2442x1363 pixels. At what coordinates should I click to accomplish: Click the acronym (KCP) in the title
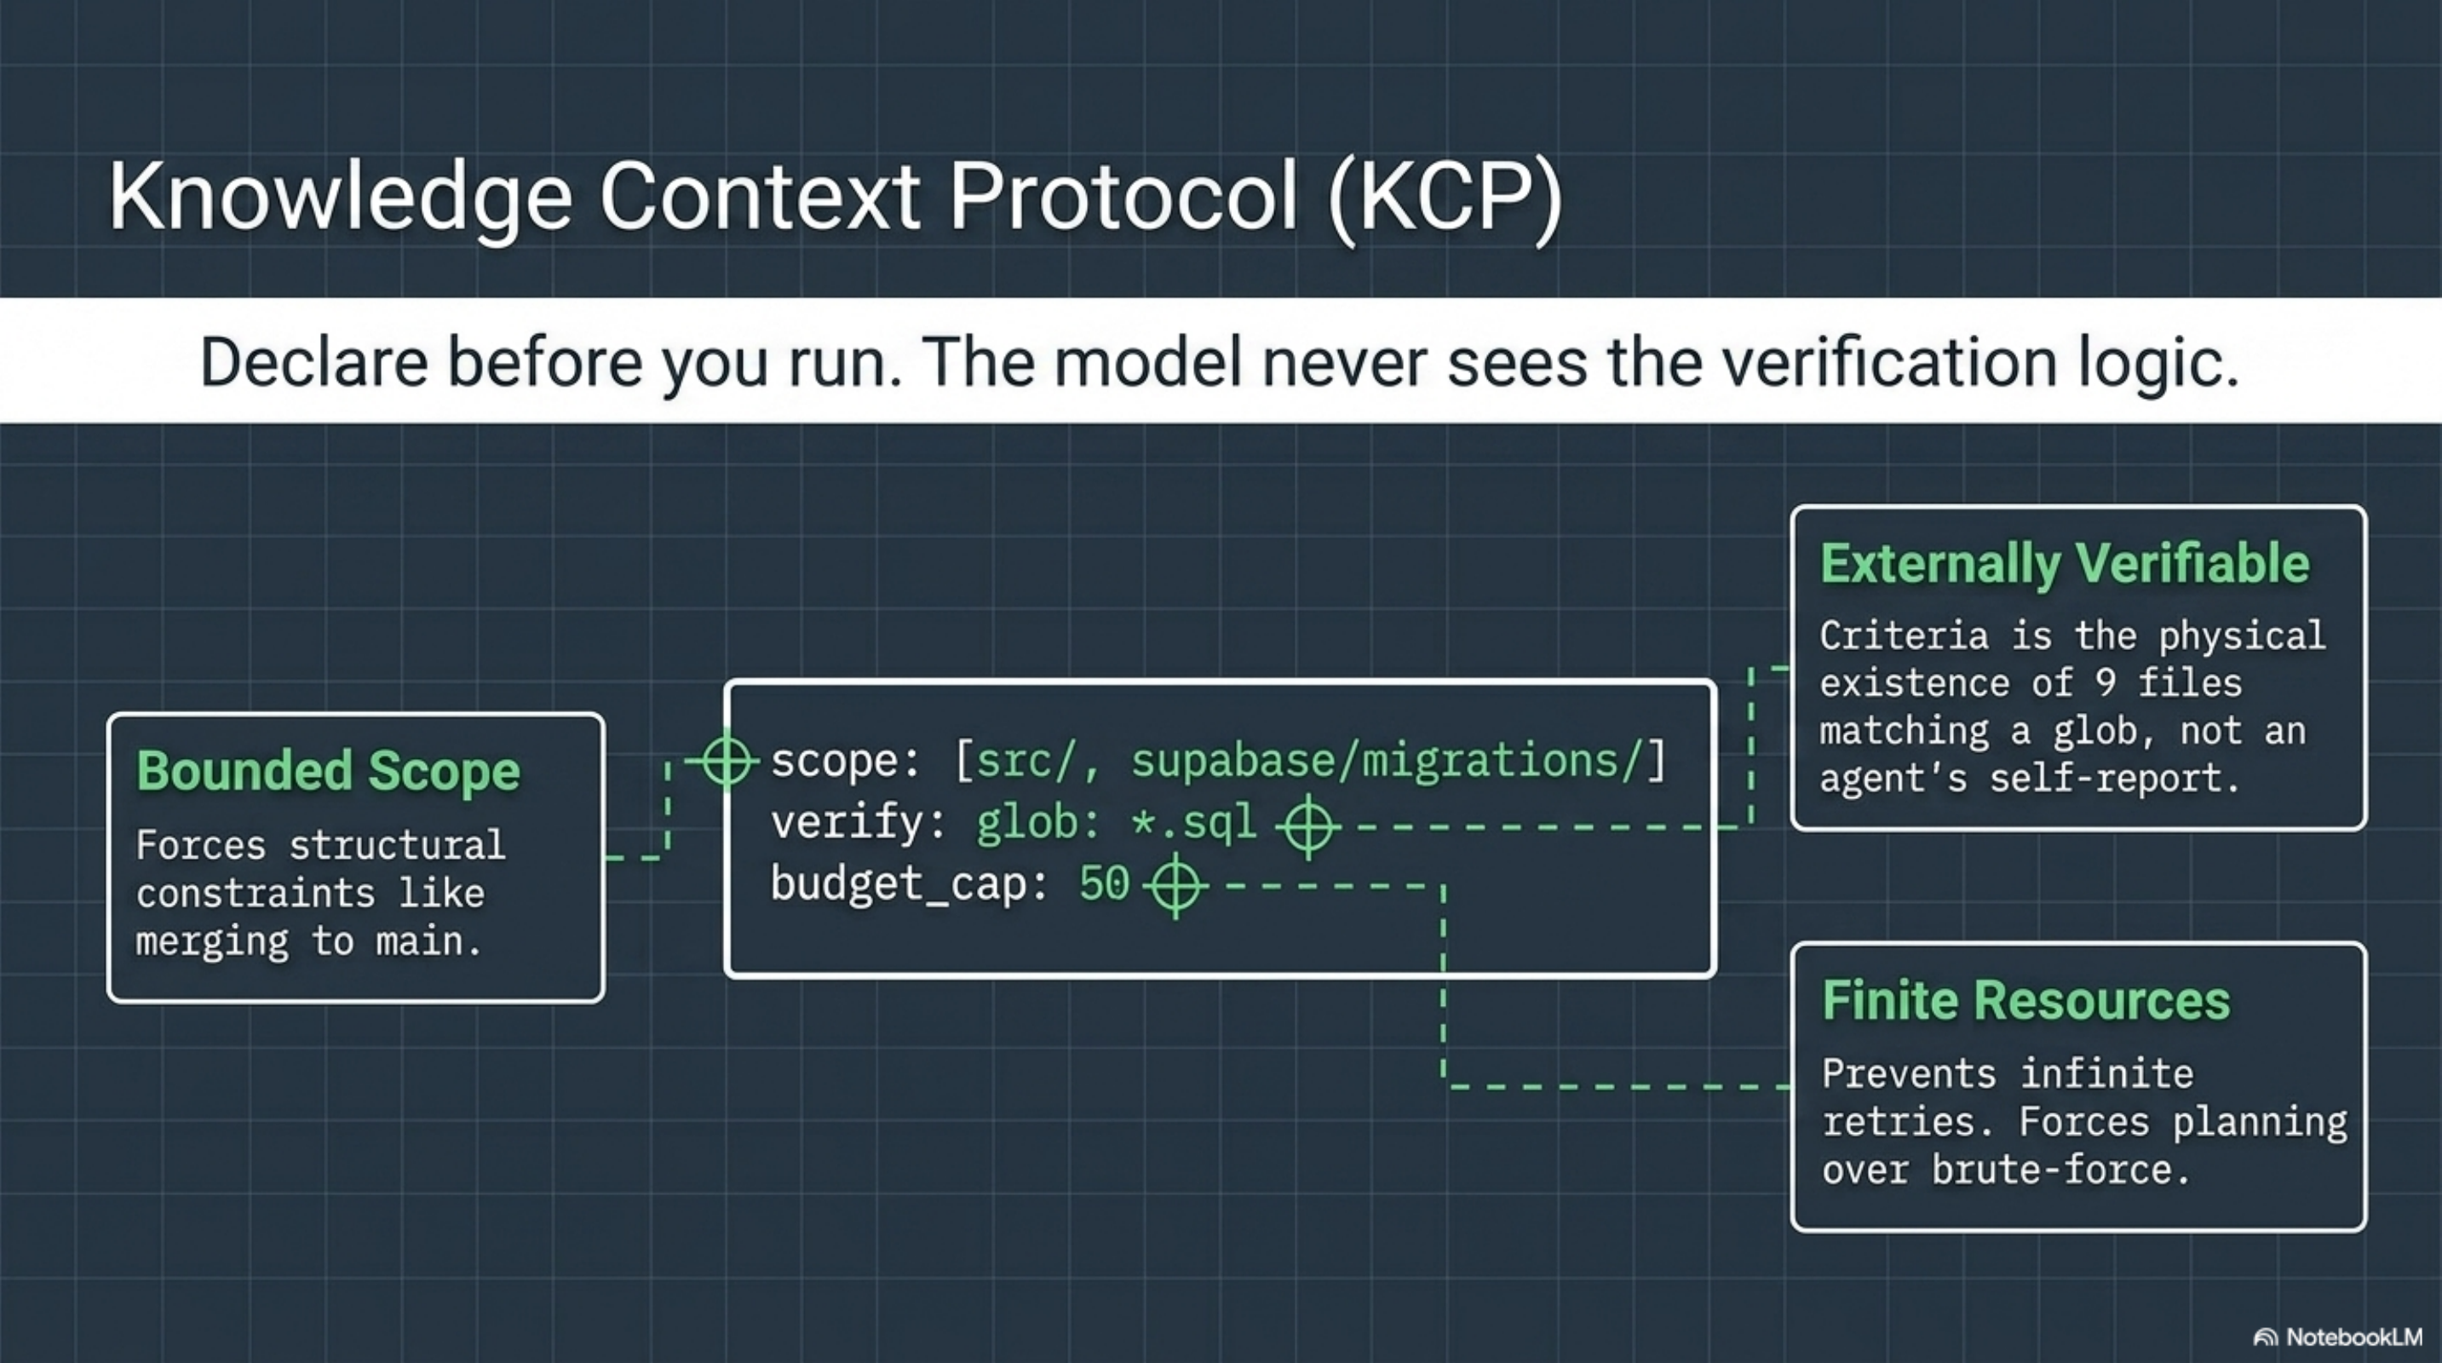tap(1445, 197)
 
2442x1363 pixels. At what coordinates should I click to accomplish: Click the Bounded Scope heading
tap(328, 771)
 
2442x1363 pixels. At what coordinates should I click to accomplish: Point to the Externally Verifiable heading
tap(2065, 564)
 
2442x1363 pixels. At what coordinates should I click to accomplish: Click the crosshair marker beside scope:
tap(727, 760)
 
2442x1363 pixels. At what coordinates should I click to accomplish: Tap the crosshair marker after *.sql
tap(1308, 826)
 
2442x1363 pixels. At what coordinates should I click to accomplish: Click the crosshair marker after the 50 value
tap(1175, 886)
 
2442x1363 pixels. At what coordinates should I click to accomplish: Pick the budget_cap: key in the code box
tap(908, 884)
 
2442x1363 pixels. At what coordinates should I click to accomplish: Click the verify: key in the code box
tap(858, 823)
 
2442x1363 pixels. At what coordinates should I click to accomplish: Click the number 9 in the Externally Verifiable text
tap(2106, 683)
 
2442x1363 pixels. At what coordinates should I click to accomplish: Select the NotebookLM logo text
tap(2353, 1337)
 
